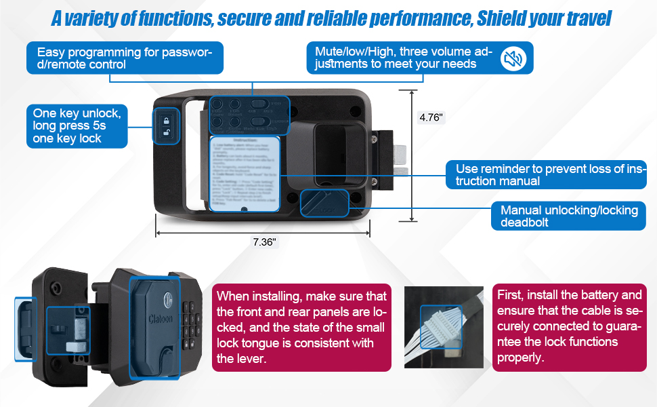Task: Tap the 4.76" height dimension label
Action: click(431, 117)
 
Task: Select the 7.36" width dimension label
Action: click(264, 242)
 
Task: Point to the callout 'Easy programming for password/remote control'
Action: click(125, 58)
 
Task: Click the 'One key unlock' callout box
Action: click(77, 125)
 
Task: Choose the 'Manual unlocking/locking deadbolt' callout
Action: click(568, 216)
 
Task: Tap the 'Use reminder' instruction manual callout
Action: click(546, 175)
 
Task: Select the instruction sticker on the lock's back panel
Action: click(245, 174)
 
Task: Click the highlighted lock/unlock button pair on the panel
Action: click(166, 126)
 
